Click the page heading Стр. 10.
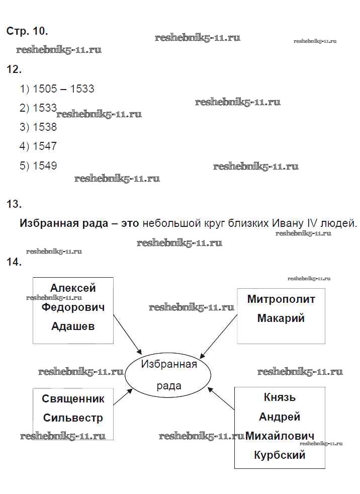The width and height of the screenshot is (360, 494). coord(27,31)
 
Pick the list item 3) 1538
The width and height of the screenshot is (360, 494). coord(38,127)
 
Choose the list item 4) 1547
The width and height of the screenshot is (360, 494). coord(38,146)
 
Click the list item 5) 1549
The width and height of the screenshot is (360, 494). coord(38,166)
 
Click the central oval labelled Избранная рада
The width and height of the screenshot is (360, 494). coord(168,375)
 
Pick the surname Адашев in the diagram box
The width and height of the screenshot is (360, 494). coord(73,326)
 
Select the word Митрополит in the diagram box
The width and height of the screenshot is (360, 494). coord(281,299)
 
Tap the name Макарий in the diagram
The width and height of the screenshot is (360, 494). coord(281,318)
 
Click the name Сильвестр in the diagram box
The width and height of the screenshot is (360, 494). coord(73,418)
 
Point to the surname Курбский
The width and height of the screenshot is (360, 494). coord(280,455)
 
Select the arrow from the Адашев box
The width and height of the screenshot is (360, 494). coord(128,334)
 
